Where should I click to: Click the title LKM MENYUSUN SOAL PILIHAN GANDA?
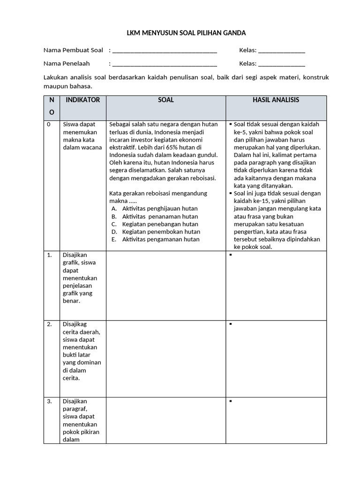click(180, 33)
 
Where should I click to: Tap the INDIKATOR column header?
click(83, 100)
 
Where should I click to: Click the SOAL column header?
click(166, 100)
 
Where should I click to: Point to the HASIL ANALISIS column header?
click(276, 100)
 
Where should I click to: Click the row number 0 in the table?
click(49, 125)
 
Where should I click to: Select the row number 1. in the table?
click(49, 255)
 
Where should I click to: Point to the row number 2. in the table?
click(49, 324)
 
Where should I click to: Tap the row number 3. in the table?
click(49, 401)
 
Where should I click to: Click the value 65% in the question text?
click(154, 147)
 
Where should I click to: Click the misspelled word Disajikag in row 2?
click(75, 324)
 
